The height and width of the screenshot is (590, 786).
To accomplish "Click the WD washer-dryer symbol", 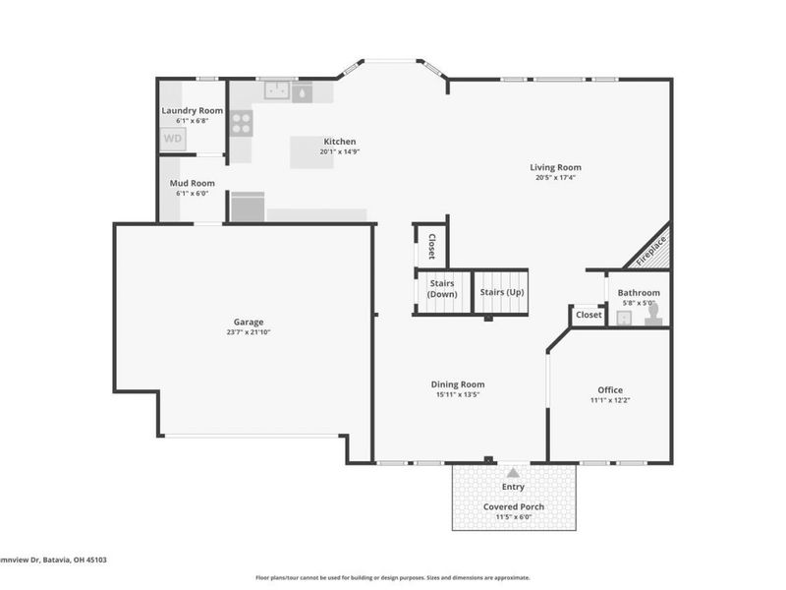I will (x=173, y=139).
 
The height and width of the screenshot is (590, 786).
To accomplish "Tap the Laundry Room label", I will (x=193, y=111).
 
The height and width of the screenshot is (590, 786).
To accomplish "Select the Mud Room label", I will (x=192, y=183).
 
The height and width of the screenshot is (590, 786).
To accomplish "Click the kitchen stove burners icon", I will (x=241, y=123).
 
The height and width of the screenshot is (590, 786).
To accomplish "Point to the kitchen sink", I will (x=276, y=91).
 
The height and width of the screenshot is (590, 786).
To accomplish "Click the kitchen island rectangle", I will (x=317, y=151).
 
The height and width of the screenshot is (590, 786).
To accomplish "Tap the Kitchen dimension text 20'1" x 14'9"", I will (x=340, y=151).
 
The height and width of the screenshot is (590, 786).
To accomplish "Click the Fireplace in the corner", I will (x=650, y=247).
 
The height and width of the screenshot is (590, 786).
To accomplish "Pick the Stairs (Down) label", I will (x=442, y=289).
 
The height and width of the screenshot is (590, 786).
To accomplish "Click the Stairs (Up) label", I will (x=502, y=292).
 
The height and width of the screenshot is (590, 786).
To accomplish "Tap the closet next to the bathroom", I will (x=588, y=315).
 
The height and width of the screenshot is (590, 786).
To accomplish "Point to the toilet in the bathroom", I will (x=651, y=315).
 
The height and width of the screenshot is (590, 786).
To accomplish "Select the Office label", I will (x=610, y=390).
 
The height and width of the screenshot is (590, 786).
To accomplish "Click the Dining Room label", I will (x=458, y=384).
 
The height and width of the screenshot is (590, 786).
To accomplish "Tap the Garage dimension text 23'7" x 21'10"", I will (x=249, y=332).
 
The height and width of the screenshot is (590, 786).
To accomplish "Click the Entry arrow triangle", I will (x=512, y=473).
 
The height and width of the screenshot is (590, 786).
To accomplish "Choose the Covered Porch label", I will (x=513, y=506).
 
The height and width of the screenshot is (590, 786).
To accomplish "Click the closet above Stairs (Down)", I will (x=431, y=246).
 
